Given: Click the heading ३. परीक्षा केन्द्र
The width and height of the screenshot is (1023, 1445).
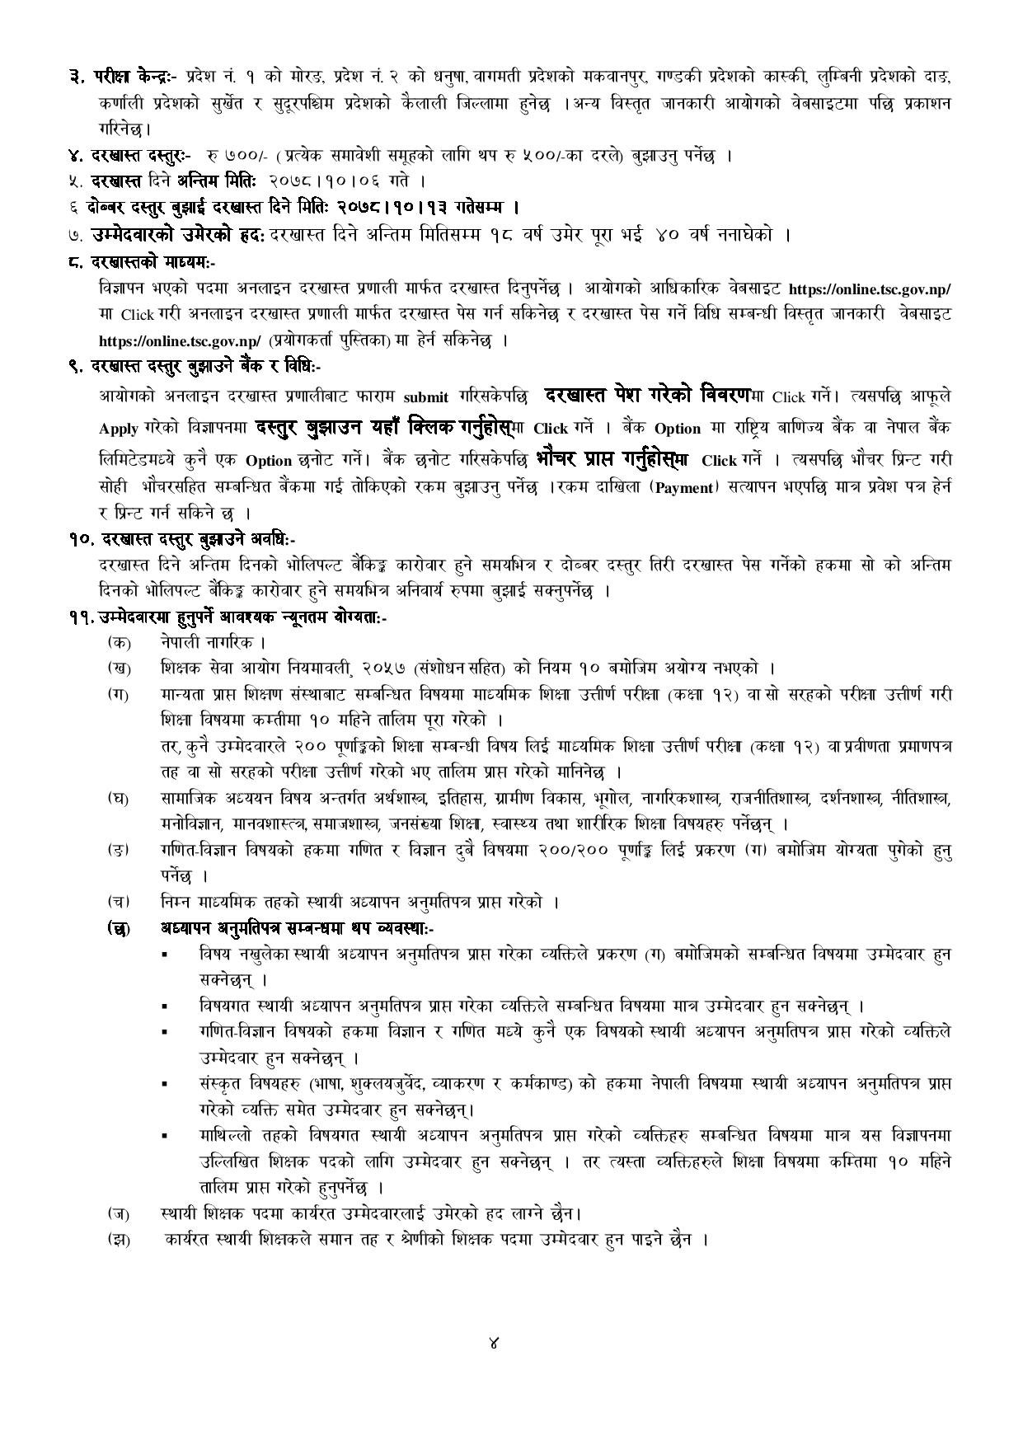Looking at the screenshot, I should [x=124, y=77].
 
